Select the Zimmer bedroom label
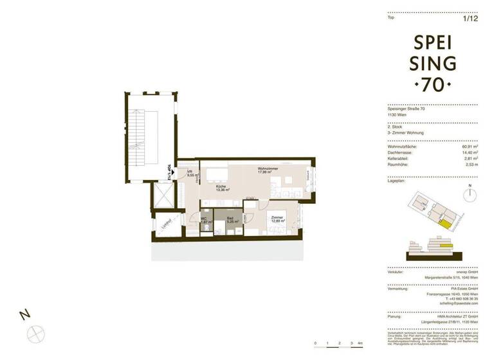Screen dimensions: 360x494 point(277,219)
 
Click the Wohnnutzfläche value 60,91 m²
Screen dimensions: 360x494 point(477,147)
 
